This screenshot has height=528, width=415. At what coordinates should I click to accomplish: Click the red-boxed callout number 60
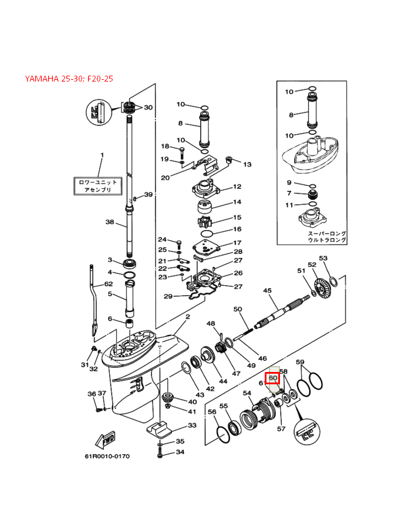(x=273, y=378)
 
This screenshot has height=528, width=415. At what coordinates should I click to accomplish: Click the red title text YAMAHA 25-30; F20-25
(x=69, y=79)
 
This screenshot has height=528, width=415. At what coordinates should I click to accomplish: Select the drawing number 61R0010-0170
(x=106, y=456)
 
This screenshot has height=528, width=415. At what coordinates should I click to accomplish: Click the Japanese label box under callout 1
(x=98, y=186)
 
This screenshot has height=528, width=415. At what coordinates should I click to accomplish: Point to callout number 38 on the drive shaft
(x=109, y=222)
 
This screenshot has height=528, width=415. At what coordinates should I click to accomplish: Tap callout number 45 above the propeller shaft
(x=267, y=291)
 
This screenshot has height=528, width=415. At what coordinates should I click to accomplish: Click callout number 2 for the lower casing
(x=187, y=317)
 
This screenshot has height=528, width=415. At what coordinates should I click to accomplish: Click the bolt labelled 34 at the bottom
(x=160, y=452)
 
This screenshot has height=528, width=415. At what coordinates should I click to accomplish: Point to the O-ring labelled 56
(x=222, y=434)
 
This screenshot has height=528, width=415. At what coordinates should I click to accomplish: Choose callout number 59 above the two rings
(x=299, y=362)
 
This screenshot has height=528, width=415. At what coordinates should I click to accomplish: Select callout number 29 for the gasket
(x=167, y=296)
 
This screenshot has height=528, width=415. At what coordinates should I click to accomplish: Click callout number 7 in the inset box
(x=289, y=193)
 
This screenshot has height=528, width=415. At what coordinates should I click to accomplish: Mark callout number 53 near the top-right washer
(x=323, y=258)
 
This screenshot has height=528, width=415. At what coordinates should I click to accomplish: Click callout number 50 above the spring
(x=238, y=309)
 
